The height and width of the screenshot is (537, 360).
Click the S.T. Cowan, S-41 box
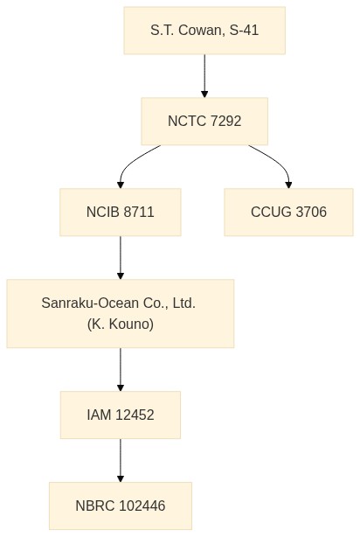(204, 31)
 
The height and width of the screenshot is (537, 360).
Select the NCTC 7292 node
(204, 122)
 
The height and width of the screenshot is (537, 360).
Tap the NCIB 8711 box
(121, 212)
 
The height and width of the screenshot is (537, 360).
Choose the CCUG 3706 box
(288, 212)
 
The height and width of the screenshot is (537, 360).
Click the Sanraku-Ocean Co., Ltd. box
(121, 313)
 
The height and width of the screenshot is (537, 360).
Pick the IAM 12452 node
(121, 415)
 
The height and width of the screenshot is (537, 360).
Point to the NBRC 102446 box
(121, 506)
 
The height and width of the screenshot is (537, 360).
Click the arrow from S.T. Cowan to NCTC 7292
(204, 76)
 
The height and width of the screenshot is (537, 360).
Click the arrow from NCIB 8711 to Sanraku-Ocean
(121, 257)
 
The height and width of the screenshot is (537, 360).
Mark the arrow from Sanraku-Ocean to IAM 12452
(121, 370)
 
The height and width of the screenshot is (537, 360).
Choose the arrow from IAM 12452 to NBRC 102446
(121, 460)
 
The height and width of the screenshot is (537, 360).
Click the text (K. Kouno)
(121, 324)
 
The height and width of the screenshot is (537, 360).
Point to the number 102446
(142, 506)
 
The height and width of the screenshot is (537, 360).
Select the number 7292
(225, 122)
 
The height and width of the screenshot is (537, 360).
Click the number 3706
(311, 212)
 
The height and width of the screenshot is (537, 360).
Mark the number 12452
(135, 415)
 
